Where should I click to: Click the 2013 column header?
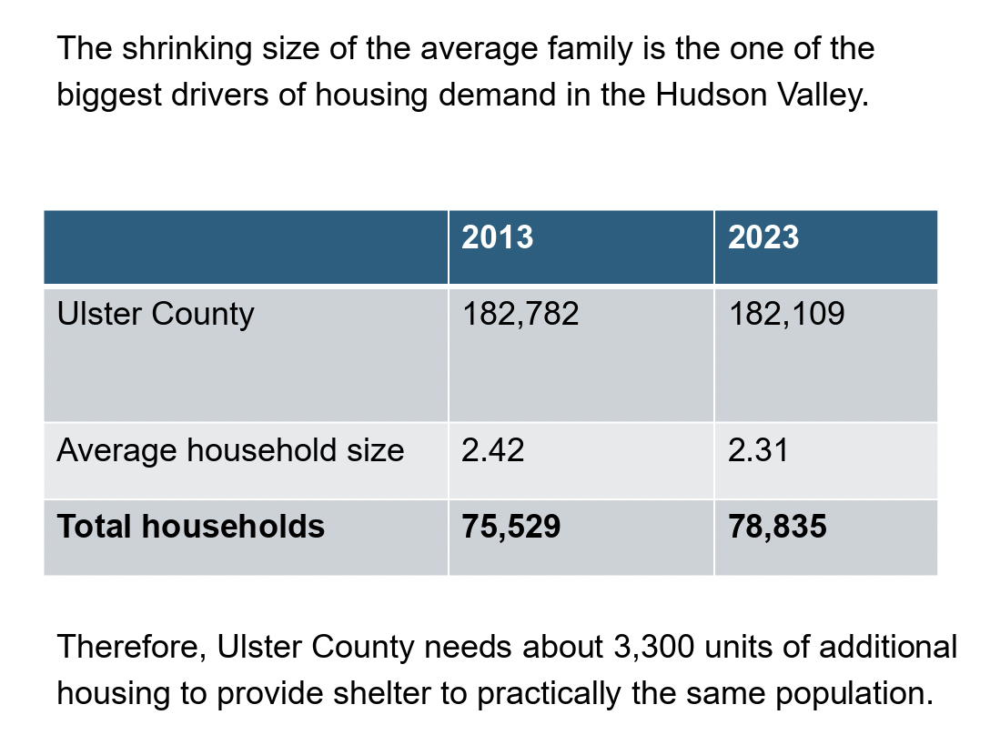(x=497, y=237)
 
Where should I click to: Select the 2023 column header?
(x=763, y=237)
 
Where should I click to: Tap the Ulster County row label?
(x=155, y=315)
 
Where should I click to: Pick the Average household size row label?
(x=230, y=450)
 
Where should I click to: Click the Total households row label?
(x=190, y=527)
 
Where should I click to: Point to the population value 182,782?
(x=520, y=315)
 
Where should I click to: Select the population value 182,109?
(x=786, y=315)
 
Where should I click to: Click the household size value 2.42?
(x=492, y=450)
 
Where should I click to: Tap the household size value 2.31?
(x=758, y=450)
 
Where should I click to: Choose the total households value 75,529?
(x=510, y=527)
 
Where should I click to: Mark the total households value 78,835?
(x=777, y=527)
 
